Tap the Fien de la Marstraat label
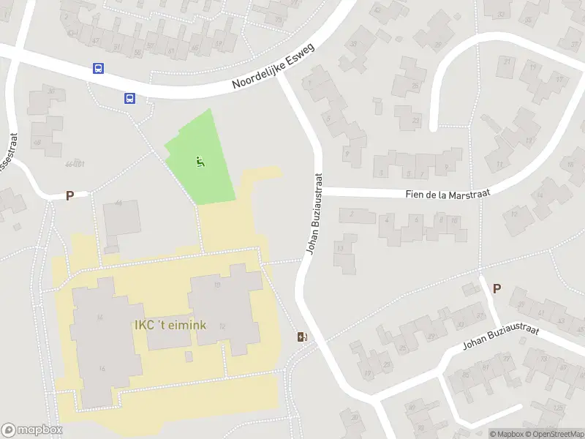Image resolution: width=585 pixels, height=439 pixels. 448,193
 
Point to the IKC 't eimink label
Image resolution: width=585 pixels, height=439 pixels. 169,325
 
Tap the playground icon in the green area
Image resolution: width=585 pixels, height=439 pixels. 200,162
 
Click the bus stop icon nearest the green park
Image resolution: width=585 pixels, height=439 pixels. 129,98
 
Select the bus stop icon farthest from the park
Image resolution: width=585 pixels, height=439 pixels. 98,69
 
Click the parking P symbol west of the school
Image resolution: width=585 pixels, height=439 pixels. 70,195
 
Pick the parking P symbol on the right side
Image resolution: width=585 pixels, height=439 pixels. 497,288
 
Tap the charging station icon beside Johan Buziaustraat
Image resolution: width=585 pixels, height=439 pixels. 301,337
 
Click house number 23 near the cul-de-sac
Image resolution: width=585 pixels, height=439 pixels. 416,119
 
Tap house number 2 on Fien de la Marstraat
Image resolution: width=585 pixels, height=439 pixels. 352,214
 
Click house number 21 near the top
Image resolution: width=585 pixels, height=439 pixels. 507,61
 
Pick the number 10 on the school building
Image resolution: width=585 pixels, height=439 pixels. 217,285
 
